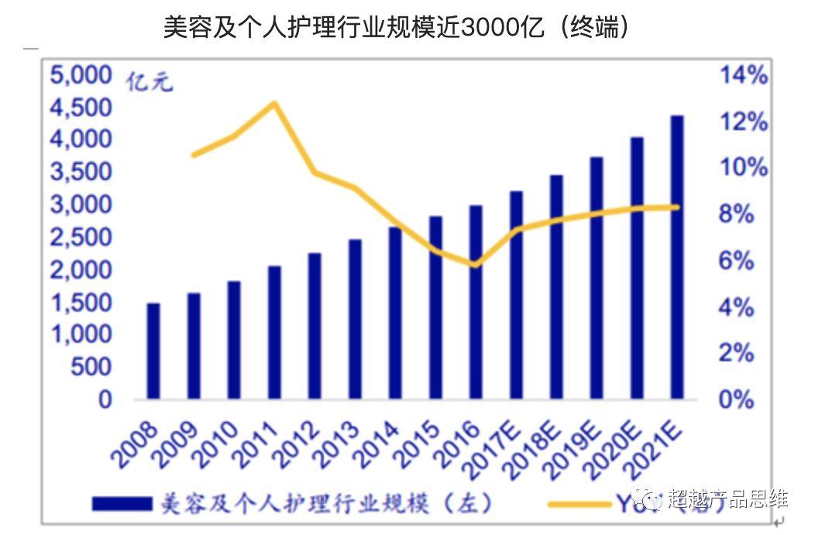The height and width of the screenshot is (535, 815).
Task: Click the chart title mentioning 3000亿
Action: (x=395, y=28)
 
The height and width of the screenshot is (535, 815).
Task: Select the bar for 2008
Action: (x=153, y=350)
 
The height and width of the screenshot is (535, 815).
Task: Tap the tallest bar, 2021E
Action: (x=677, y=257)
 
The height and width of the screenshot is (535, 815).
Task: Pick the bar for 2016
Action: (x=476, y=302)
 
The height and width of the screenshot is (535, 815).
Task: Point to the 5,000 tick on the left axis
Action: (x=81, y=75)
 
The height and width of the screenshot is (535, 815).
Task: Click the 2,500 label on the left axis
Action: (x=81, y=237)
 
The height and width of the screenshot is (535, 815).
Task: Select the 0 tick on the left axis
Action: (x=104, y=399)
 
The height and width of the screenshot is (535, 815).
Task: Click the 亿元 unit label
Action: (x=150, y=81)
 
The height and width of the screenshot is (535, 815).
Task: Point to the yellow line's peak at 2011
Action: (x=274, y=103)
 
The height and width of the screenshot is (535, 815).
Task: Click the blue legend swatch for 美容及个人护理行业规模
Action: (x=122, y=504)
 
